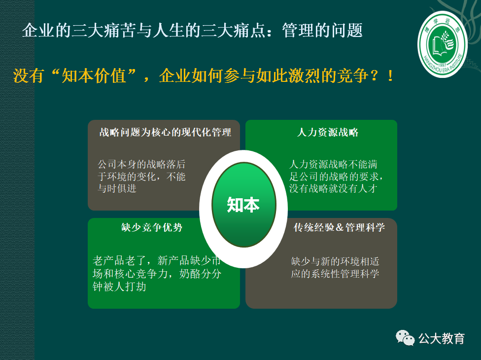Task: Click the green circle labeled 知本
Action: pyautogui.click(x=243, y=205)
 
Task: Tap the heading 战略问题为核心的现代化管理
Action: pyautogui.click(x=165, y=132)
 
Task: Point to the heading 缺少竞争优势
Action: pyautogui.click(x=152, y=227)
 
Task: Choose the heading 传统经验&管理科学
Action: pyautogui.click(x=339, y=227)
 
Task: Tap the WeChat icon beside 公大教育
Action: pyautogui.click(x=405, y=338)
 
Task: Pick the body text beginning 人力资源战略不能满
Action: pyautogui.click(x=336, y=176)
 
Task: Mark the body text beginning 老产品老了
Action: pyautogui.click(x=157, y=274)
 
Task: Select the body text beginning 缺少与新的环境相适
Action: pyautogui.click(x=335, y=267)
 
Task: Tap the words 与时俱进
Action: pyautogui.click(x=117, y=188)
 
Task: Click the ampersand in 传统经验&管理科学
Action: pyautogui.click(x=339, y=228)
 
